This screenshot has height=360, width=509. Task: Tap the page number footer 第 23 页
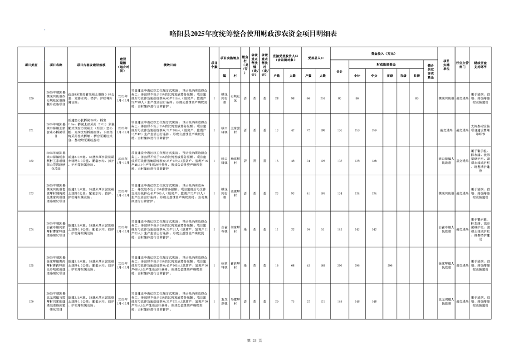254,340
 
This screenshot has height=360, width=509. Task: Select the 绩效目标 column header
170,65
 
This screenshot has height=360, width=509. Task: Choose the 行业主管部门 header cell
462,65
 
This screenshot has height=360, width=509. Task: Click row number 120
31,99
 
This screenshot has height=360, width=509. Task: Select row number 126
31,301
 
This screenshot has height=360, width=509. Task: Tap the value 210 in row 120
323,99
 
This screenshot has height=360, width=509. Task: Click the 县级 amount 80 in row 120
416,99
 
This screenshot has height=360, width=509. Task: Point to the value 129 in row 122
323,161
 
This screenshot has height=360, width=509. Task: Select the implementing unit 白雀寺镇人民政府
446,229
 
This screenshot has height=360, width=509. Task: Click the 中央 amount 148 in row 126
374,301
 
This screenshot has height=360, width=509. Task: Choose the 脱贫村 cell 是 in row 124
245,229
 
